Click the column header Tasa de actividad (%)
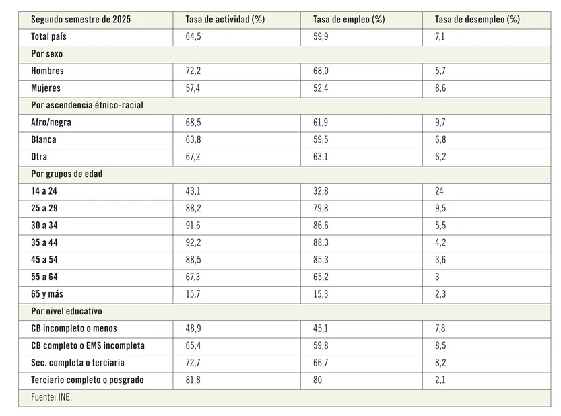coord(224,20)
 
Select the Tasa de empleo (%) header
coord(349,20)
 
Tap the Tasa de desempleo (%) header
coord(477,20)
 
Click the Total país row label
coord(48,37)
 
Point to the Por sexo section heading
coord(46,54)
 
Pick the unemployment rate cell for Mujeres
coord(440,88)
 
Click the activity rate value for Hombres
coord(193,71)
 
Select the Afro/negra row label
coord(51,123)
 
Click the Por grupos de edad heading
coord(66,174)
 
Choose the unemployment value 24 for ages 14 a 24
coord(440,191)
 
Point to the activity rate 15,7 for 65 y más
coord(193,294)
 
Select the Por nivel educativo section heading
coord(66,311)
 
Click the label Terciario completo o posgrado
coord(87,380)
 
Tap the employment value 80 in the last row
coord(318,380)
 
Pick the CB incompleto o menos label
coord(73,328)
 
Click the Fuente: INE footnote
coord(51,397)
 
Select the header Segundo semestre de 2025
coord(81,20)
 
